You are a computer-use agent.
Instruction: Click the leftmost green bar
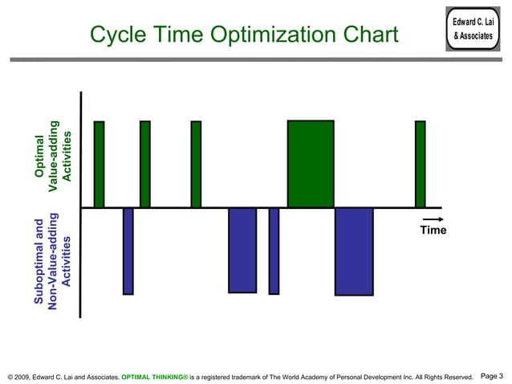pos(99,164)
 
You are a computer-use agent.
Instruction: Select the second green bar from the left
pos(145,164)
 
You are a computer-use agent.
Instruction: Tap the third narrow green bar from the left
pos(196,164)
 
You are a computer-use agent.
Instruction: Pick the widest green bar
pos(311,164)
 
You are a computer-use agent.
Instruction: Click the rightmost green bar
pos(420,164)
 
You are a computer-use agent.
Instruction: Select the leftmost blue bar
pos(128,251)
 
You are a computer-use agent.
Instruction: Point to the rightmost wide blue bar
pos(354,251)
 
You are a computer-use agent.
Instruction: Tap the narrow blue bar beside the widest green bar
pos(274,251)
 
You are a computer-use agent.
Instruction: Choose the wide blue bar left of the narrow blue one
pos(242,250)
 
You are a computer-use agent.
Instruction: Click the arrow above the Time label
pos(433,219)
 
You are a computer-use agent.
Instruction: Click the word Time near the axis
pos(433,231)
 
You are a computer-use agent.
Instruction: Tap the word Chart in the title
pos(371,35)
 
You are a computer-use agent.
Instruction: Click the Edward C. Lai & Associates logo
pos(472,30)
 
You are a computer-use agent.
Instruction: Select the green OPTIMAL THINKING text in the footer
pos(154,376)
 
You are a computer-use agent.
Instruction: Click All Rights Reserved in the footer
pos(443,376)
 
